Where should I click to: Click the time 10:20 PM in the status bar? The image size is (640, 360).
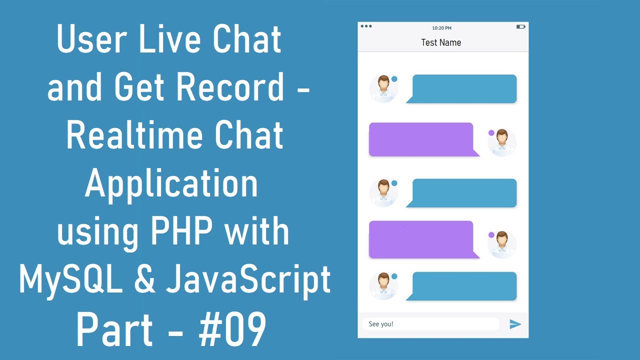tap(441, 28)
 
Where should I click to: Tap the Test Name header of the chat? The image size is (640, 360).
tap(441, 42)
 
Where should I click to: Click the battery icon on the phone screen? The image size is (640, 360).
tap(520, 26)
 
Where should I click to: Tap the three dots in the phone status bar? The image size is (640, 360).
tap(366, 26)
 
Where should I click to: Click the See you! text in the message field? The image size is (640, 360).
tap(381, 324)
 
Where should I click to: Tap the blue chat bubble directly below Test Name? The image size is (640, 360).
tap(464, 88)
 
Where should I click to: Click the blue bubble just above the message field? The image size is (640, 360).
tap(464, 286)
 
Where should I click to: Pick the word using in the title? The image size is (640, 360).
tap(95, 233)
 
